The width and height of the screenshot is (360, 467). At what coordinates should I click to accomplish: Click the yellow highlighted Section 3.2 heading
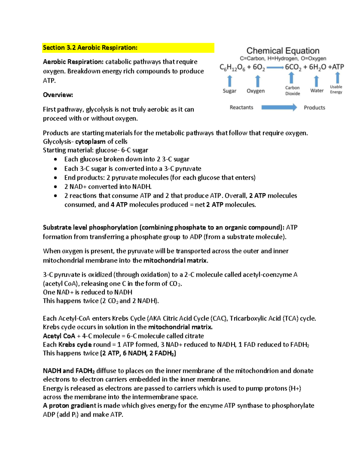90,48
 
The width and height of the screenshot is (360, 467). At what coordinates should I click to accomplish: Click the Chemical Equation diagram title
283,51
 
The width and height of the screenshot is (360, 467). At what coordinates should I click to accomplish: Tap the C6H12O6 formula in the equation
232,67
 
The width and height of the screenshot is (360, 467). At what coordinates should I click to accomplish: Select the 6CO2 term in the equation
293,67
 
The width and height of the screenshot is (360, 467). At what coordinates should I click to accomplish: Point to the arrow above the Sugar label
230,81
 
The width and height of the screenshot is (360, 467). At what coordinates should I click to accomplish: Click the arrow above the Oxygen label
257,81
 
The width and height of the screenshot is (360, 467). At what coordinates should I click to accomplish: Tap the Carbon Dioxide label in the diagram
292,91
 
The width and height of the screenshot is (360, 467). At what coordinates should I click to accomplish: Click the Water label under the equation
317,91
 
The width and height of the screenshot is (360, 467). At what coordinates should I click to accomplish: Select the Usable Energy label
336,89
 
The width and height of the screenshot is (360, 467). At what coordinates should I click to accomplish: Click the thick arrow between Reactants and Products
279,107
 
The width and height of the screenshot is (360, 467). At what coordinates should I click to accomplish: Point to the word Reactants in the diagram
241,107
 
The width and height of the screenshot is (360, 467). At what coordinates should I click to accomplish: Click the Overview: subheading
58,95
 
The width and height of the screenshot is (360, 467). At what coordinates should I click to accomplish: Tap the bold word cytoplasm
90,141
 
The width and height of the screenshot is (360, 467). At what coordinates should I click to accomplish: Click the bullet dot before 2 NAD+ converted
55,187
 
